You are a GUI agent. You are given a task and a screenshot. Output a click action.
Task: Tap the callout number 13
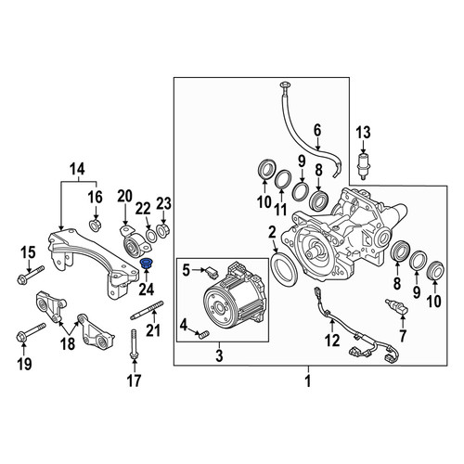[x=363, y=133]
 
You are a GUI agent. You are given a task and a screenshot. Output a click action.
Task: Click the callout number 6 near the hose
[x=317, y=131]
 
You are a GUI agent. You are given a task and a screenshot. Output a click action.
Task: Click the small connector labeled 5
[x=211, y=271]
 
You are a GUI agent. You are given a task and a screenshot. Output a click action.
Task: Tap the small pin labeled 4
[x=204, y=335]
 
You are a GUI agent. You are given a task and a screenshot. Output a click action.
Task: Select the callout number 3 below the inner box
[x=219, y=355]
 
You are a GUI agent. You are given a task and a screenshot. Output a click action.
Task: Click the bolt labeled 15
[x=31, y=275]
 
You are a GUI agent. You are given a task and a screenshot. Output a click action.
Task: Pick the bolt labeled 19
[x=31, y=332]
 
